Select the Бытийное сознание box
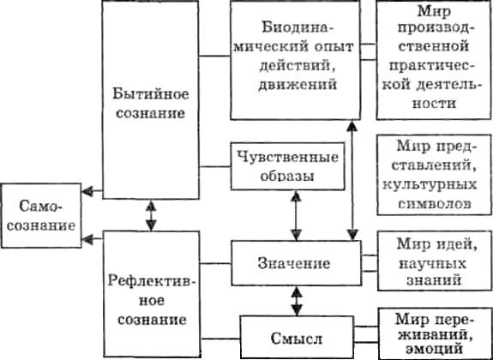(150, 101)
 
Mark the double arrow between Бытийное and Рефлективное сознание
(152, 215)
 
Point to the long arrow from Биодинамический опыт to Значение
(352, 180)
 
